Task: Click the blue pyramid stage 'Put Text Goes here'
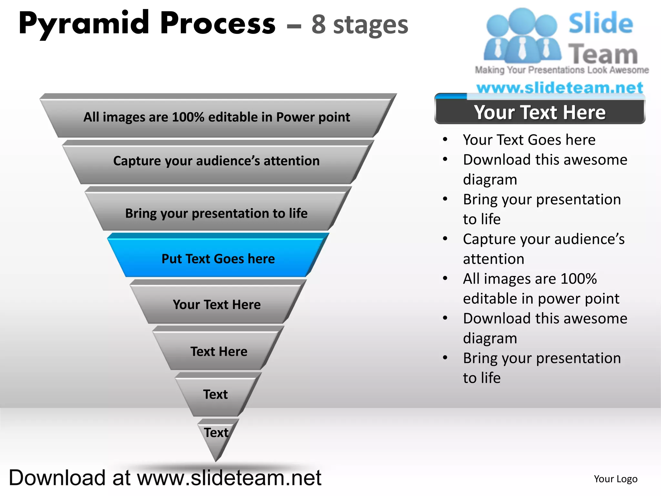(x=218, y=259)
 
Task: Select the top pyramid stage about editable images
(x=217, y=117)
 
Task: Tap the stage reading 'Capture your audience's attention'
(x=217, y=161)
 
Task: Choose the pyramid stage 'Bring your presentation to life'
(x=217, y=213)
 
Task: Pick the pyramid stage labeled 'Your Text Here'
(x=217, y=305)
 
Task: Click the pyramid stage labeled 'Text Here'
(x=219, y=351)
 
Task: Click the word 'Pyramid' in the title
(x=84, y=24)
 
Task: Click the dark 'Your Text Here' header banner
(x=540, y=112)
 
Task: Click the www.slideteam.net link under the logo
(x=560, y=88)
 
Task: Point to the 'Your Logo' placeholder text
(x=615, y=479)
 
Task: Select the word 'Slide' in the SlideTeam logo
(x=600, y=23)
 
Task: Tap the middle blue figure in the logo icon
(x=522, y=36)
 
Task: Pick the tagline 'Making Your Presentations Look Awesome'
(x=562, y=70)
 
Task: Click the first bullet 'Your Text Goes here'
(x=529, y=140)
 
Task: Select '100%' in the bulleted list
(x=579, y=279)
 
